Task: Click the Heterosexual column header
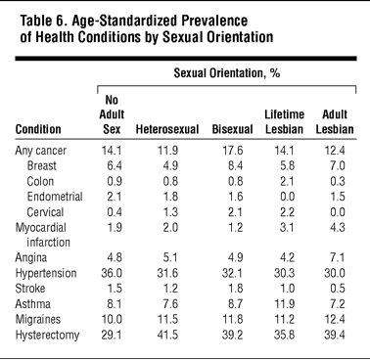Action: (167, 129)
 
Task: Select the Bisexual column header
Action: (232, 129)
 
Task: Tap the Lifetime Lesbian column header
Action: (284, 122)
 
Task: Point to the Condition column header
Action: (38, 129)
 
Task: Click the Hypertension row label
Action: (46, 273)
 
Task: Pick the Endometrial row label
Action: (55, 197)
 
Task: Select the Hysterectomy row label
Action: (47, 336)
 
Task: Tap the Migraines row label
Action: (38, 319)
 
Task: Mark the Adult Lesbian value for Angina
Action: (337, 257)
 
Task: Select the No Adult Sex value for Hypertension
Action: (112, 273)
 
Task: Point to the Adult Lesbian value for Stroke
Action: (337, 289)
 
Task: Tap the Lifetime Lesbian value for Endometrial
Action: (287, 197)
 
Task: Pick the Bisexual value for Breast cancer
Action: (236, 165)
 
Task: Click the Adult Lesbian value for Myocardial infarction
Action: (337, 227)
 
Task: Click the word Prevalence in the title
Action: (214, 21)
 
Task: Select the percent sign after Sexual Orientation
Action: (275, 73)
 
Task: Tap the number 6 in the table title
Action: (59, 21)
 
